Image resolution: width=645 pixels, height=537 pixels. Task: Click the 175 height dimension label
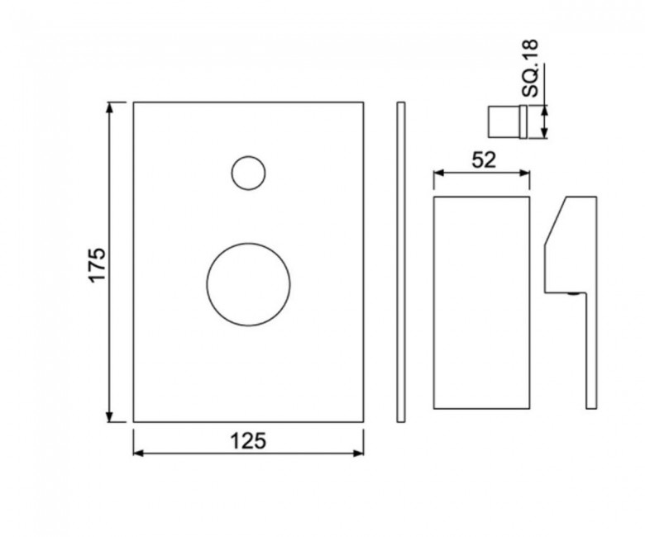point(98,264)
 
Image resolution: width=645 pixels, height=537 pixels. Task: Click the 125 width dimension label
point(248,441)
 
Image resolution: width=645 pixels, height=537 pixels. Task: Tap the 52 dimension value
point(484,159)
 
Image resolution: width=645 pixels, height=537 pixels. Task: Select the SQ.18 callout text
point(529,69)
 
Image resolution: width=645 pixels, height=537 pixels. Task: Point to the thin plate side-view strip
point(401,262)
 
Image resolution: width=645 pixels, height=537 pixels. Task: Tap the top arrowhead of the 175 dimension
point(109,107)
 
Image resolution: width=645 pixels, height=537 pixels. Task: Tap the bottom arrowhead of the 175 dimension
point(109,416)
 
